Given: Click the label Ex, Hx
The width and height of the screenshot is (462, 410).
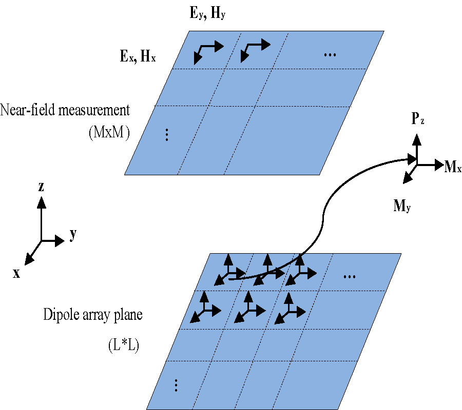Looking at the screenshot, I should point(138,57).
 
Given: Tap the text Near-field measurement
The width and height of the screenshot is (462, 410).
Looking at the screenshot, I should point(65,110).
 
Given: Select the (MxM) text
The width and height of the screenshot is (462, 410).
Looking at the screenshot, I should point(109,132).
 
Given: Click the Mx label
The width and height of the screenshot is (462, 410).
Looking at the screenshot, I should point(453,166).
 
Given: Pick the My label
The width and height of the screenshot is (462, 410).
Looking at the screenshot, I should point(402,207).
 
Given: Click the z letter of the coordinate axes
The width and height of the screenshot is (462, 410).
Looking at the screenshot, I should point(41,187).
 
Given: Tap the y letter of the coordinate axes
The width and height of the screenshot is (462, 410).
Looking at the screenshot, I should point(73,235).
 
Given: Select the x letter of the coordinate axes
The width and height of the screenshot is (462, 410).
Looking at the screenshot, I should point(17,273).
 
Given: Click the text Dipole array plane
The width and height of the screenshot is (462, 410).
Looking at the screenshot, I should point(93,314).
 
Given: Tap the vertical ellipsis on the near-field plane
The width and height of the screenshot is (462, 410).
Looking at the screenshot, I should point(166,135).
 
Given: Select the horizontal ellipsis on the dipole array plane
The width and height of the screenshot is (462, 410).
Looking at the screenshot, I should point(350,276).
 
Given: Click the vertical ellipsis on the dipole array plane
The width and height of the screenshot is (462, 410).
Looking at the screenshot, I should point(176,384).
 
